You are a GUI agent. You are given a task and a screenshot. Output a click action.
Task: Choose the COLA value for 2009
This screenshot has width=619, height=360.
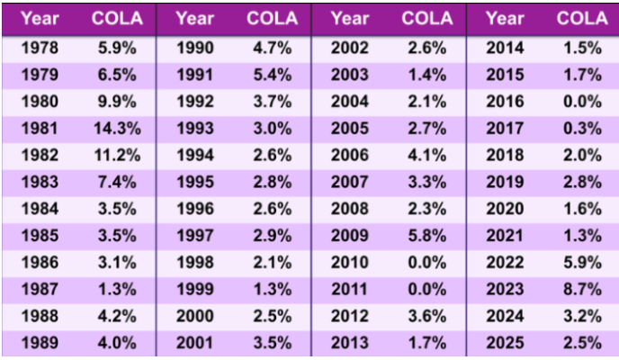pyautogui.click(x=426, y=237)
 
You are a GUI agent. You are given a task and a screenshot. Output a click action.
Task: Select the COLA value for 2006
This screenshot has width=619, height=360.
pyautogui.click(x=426, y=156)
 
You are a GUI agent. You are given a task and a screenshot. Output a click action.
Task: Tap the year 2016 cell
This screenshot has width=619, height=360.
pyautogui.click(x=504, y=102)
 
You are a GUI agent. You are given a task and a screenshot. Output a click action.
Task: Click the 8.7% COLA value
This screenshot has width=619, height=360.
pyautogui.click(x=582, y=289)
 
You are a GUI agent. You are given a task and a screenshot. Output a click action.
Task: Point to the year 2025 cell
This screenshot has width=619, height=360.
pyautogui.click(x=504, y=342)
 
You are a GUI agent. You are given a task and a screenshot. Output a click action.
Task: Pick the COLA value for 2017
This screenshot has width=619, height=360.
pyautogui.click(x=582, y=129)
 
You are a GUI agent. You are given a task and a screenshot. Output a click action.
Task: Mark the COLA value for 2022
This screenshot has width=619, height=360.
pyautogui.click(x=582, y=263)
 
